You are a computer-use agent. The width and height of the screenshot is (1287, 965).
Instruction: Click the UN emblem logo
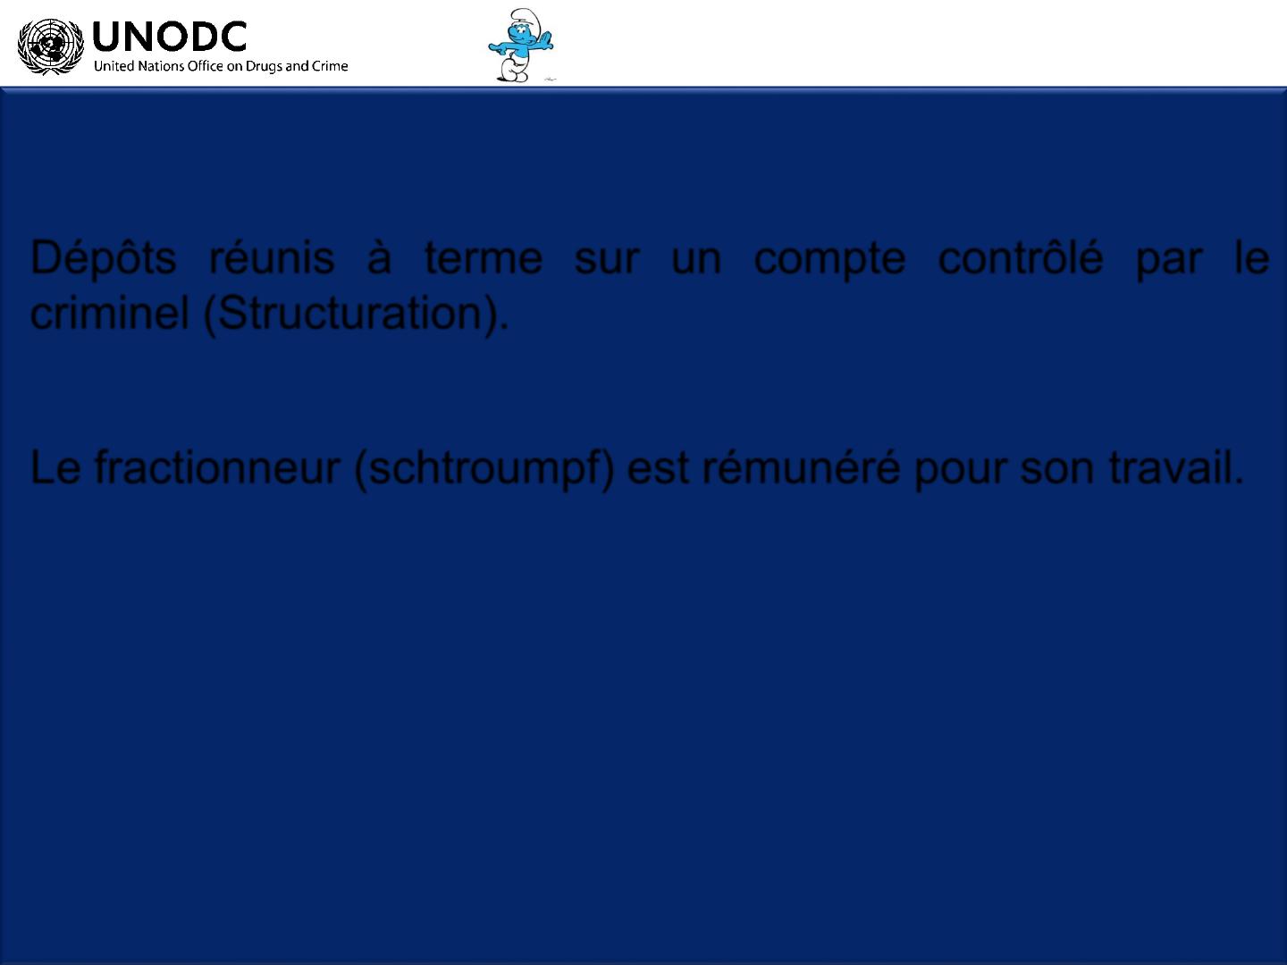click(50, 46)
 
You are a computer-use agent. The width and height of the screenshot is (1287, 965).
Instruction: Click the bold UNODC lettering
click(170, 37)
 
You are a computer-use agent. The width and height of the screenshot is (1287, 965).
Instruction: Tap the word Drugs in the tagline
click(264, 66)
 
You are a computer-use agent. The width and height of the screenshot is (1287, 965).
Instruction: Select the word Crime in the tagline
click(330, 65)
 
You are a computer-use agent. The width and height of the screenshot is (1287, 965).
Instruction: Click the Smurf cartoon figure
click(521, 45)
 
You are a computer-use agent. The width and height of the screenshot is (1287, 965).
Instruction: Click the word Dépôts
click(103, 258)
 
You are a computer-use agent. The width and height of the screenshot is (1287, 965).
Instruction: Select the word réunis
click(272, 257)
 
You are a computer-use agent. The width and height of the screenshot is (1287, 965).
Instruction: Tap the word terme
click(484, 258)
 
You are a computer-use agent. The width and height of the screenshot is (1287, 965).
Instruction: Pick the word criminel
click(110, 313)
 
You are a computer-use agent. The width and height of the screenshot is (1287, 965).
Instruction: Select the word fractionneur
click(217, 467)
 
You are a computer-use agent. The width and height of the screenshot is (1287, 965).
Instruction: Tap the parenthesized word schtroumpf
click(485, 469)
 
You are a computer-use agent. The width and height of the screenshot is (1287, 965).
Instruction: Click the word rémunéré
click(801, 466)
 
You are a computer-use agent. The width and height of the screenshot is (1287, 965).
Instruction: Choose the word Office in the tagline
click(206, 65)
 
